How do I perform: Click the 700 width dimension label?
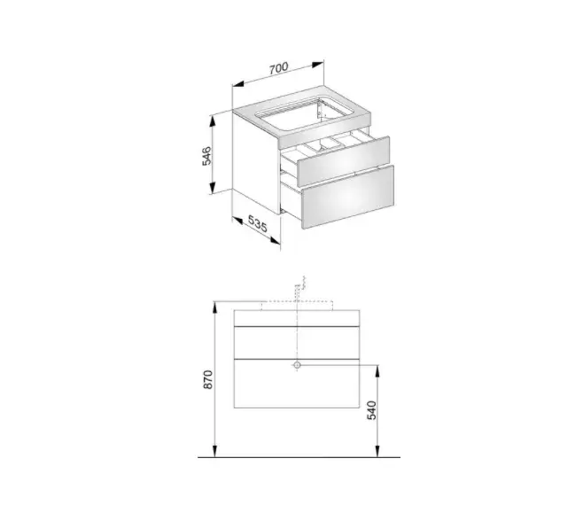click(x=278, y=68)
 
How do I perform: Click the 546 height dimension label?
click(x=206, y=156)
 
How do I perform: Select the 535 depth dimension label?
click(x=257, y=224)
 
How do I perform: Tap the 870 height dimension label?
click(x=208, y=379)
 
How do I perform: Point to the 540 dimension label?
click(x=372, y=410)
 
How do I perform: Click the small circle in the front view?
click(x=297, y=365)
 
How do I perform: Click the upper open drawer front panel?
click(x=343, y=161)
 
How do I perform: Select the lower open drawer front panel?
click(x=348, y=197)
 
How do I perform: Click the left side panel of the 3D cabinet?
click(x=257, y=163)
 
